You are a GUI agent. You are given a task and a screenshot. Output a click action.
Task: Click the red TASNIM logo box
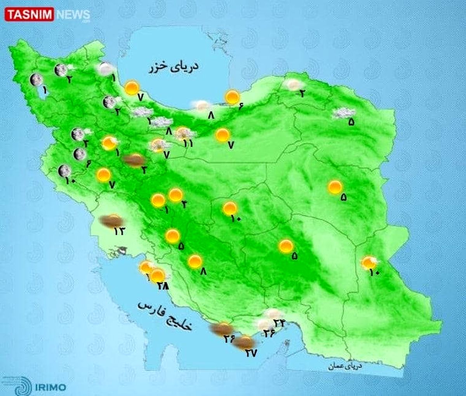[x=30, y=15]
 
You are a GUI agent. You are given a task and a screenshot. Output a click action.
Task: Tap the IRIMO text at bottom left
[x=51, y=387]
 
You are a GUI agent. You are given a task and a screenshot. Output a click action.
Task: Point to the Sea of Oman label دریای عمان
[x=345, y=366]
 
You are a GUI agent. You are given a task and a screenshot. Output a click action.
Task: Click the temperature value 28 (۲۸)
[x=163, y=286]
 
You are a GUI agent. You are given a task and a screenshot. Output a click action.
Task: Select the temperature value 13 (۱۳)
[x=119, y=231]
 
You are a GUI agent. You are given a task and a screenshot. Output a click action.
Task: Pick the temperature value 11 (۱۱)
[x=188, y=143]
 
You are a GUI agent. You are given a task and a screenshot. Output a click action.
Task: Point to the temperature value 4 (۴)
[x=184, y=204]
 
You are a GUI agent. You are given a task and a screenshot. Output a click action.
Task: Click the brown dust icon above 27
[x=245, y=342]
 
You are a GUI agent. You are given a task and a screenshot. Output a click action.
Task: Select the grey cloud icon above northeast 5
[x=343, y=113]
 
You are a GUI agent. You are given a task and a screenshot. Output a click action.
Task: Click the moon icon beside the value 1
[x=36, y=80]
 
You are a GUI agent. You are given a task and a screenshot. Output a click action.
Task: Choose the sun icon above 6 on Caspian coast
[x=233, y=97]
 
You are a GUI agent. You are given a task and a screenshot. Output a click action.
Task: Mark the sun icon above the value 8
[x=195, y=261]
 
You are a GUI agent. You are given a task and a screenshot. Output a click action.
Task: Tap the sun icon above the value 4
[x=176, y=195]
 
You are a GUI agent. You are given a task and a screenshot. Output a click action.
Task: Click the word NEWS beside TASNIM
[x=73, y=15]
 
